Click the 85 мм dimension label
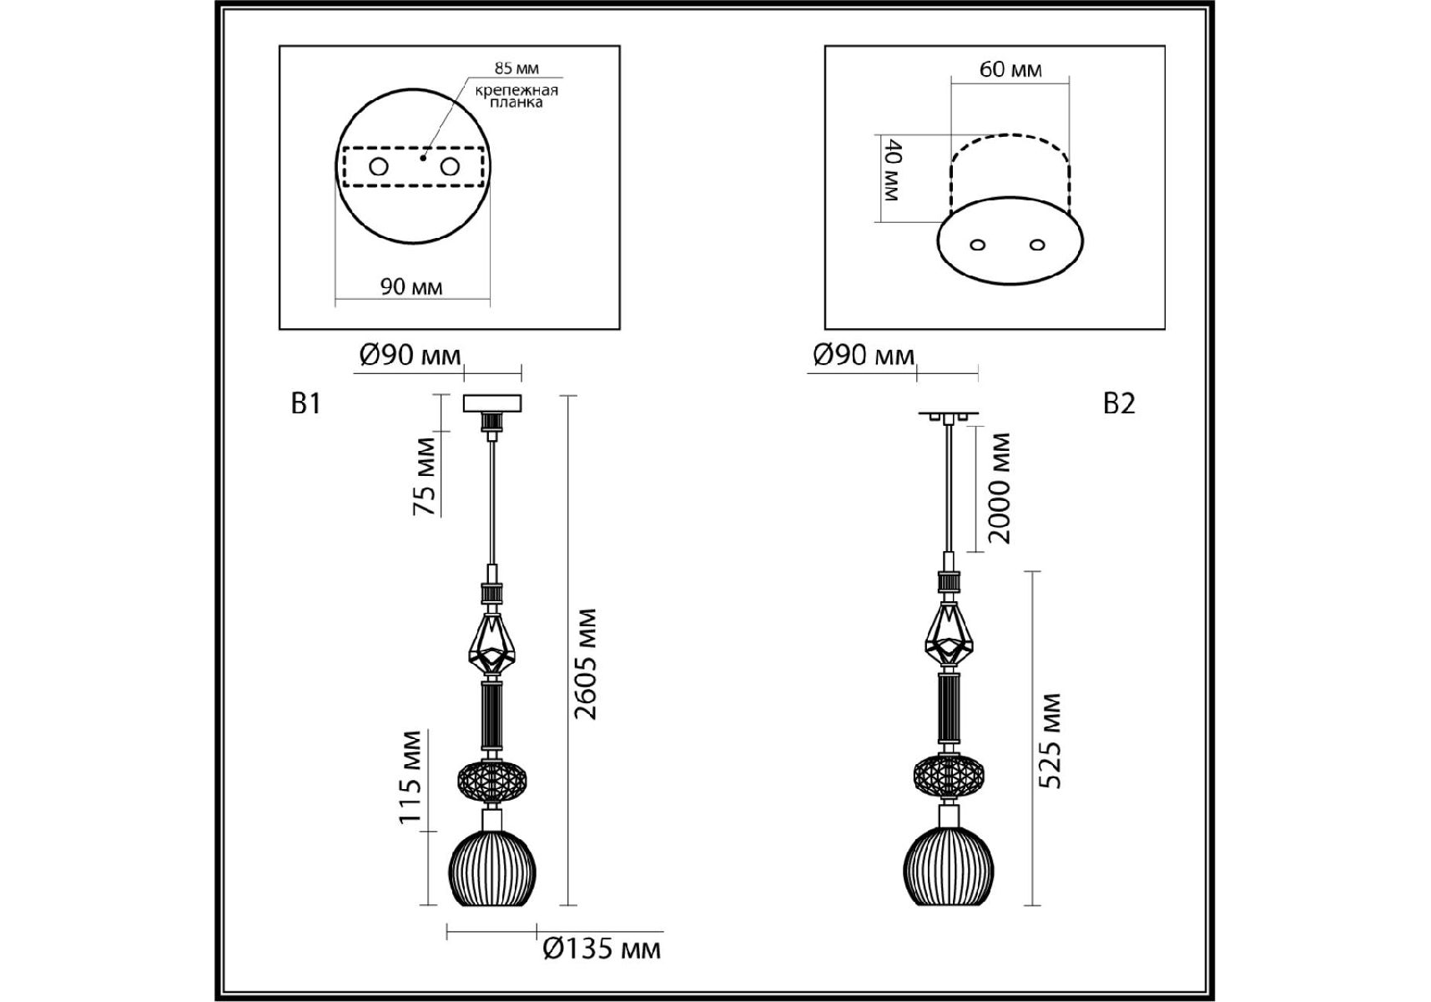click(x=516, y=68)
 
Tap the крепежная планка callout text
click(x=516, y=96)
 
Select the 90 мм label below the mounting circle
click(x=411, y=287)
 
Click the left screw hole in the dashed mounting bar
click(x=379, y=167)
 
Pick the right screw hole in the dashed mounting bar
click(x=450, y=167)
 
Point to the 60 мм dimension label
click(x=1010, y=69)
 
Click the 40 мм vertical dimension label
click(x=891, y=171)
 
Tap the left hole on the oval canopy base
click(x=979, y=245)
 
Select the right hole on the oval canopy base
click(x=1037, y=245)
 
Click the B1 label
click(x=305, y=404)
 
